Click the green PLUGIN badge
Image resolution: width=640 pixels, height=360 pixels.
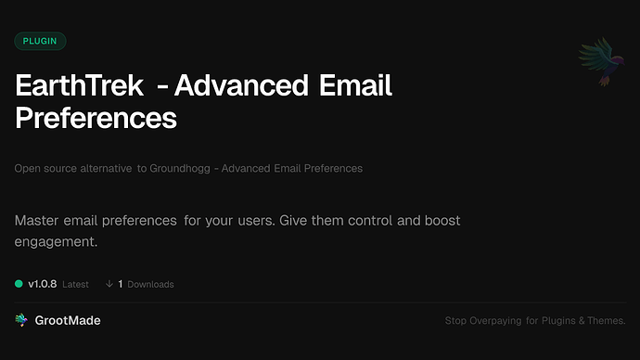click(40, 41)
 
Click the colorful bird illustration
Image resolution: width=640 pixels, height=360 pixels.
click(598, 62)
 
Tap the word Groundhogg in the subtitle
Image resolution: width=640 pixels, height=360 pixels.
click(178, 169)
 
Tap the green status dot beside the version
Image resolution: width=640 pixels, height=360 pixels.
click(19, 284)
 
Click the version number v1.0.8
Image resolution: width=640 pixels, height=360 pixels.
click(43, 284)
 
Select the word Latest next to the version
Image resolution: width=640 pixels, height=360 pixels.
click(75, 285)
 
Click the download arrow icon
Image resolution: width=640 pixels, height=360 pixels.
click(109, 284)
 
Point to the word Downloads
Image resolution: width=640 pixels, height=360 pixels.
click(150, 285)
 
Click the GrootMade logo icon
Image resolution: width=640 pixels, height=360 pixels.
click(21, 320)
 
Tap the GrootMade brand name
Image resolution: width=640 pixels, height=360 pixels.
click(69, 320)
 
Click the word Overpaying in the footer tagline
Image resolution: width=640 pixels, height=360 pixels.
click(498, 321)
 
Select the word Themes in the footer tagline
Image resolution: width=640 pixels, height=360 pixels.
click(608, 321)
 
